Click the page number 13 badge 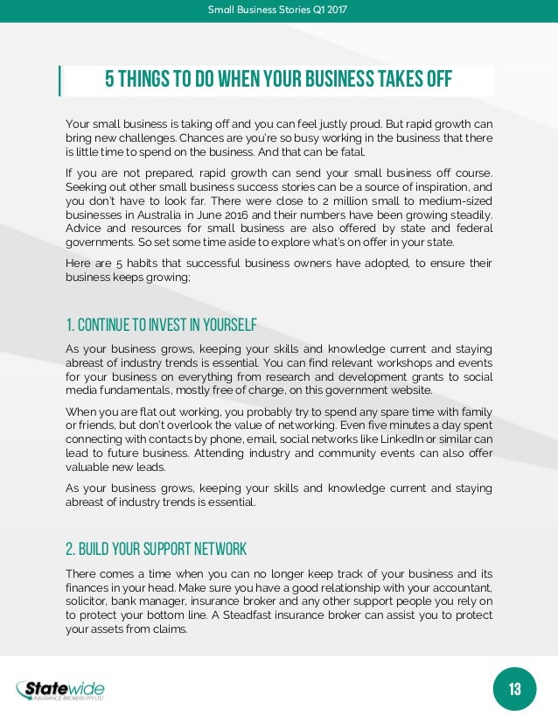coord(514,689)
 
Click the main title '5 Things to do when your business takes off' coord(278,81)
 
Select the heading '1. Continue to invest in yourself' coord(161,326)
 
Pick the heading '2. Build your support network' coord(156,550)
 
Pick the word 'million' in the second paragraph coord(338,201)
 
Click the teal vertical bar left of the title coord(60,81)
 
